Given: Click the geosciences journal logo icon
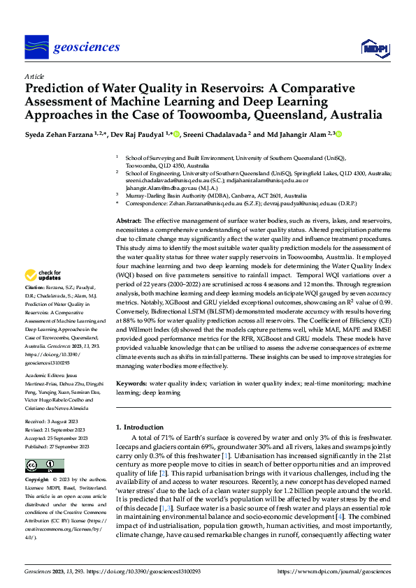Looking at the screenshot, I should (x=36, y=47).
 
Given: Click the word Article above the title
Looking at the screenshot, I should (x=34, y=76).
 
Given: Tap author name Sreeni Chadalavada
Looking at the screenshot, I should (x=218, y=133).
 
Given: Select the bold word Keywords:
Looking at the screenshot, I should (x=131, y=383).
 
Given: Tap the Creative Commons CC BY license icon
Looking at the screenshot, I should (x=41, y=466).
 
